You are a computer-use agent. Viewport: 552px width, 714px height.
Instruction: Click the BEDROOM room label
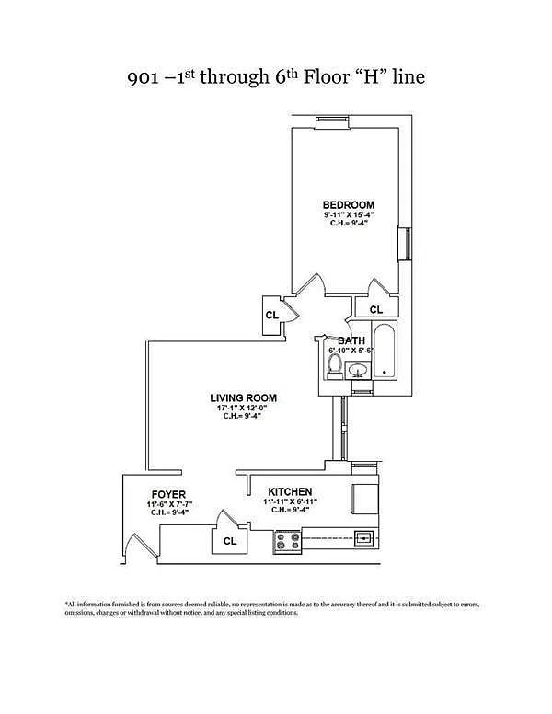point(348,204)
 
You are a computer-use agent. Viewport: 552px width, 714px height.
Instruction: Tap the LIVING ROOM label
point(243,398)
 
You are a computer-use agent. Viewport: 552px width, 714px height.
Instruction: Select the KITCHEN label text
point(290,492)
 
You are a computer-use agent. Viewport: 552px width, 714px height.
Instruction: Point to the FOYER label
point(168,495)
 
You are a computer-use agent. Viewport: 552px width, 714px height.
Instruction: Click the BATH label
point(351,340)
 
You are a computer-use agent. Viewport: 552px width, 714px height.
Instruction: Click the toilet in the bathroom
point(335,366)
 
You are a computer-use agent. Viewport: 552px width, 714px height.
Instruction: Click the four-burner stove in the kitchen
point(287,542)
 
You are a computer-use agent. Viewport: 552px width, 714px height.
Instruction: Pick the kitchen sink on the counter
point(365,538)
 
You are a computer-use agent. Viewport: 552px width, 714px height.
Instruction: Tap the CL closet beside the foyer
point(230,541)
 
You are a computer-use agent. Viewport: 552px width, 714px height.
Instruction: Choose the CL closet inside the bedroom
point(375,310)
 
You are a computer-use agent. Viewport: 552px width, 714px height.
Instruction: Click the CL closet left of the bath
point(271,315)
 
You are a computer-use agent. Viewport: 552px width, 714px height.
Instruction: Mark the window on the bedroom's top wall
point(328,121)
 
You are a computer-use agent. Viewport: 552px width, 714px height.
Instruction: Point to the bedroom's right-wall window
point(403,244)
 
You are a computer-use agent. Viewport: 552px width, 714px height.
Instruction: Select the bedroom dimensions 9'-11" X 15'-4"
point(348,214)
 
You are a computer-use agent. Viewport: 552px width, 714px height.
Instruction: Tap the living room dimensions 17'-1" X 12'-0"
point(243,408)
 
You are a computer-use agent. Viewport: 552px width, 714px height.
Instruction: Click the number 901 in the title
point(143,77)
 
